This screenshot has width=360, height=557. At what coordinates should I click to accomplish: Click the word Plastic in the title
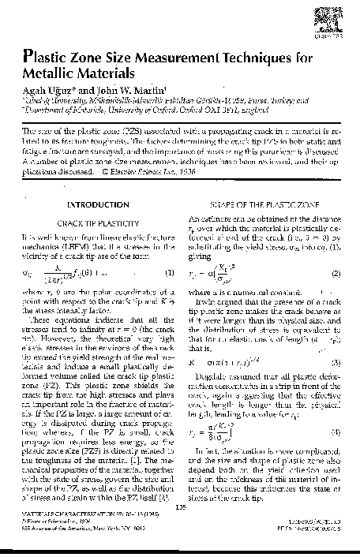tap(48, 57)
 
